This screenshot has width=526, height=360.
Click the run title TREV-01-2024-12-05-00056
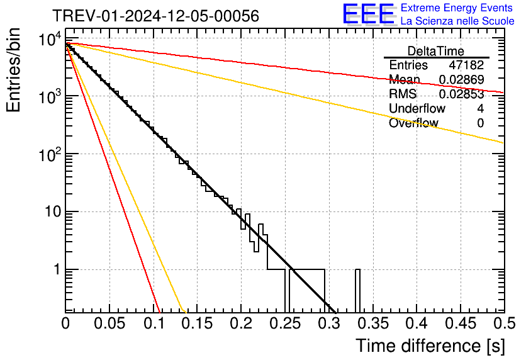pyautogui.click(x=155, y=16)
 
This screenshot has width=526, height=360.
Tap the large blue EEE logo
pyautogui.click(x=368, y=14)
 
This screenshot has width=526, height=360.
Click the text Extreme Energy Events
pyautogui.click(x=457, y=8)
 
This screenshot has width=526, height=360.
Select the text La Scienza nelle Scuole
pyautogui.click(x=457, y=21)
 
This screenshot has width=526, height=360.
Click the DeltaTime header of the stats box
pyautogui.click(x=436, y=51)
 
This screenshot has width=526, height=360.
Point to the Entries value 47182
pyautogui.click(x=466, y=65)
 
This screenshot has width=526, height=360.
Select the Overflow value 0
pyautogui.click(x=480, y=123)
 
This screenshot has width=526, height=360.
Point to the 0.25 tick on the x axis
pyautogui.click(x=285, y=323)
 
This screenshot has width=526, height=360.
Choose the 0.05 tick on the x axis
pyautogui.click(x=109, y=323)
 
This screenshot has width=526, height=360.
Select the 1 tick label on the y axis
pyautogui.click(x=55, y=270)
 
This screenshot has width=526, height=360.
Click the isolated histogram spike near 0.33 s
pyautogui.click(x=357, y=290)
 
